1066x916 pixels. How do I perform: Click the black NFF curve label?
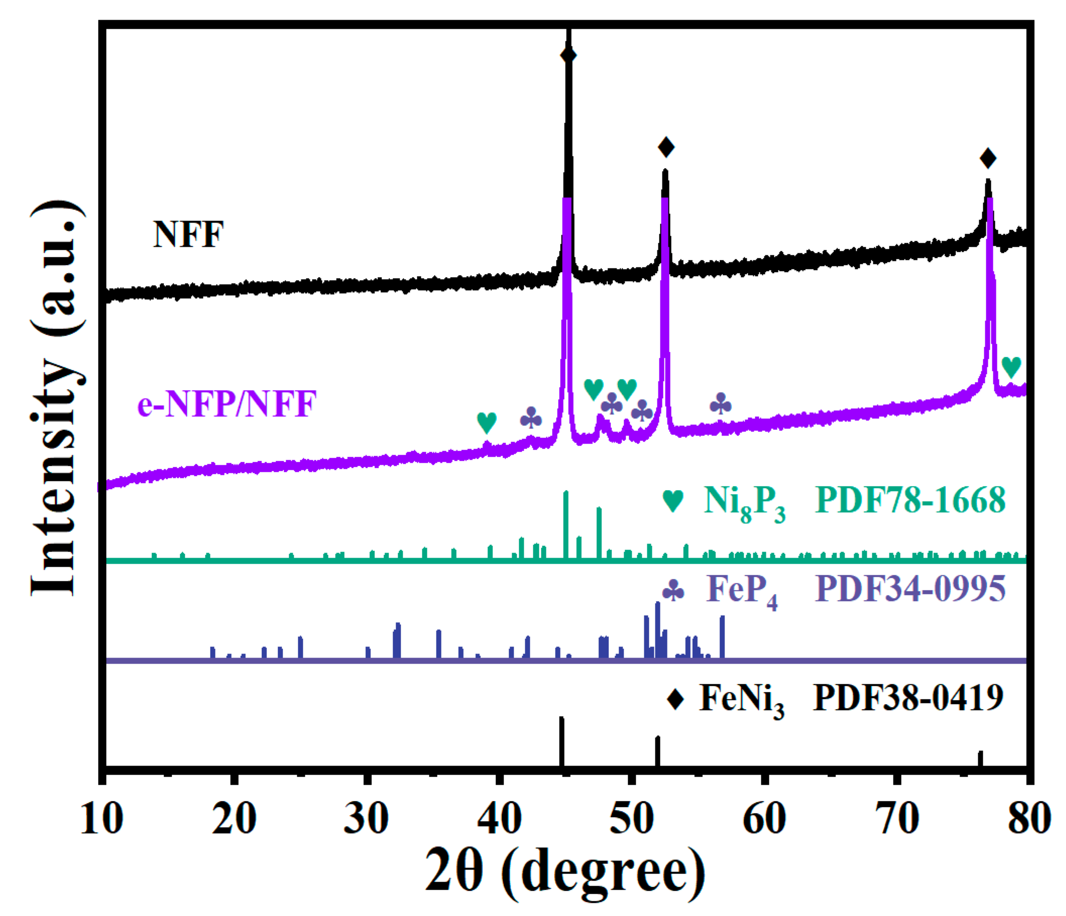(188, 235)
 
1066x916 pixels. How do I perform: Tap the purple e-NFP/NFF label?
(227, 404)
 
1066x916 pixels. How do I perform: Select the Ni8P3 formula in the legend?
(744, 502)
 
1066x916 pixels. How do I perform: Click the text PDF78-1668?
(910, 500)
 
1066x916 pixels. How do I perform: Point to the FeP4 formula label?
(741, 590)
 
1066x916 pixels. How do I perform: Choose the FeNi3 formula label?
(741, 700)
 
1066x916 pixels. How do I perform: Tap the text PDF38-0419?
(908, 698)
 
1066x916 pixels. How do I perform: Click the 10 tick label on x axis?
(102, 819)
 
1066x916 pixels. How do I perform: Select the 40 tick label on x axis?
(498, 819)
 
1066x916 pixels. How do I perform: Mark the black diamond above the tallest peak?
(568, 55)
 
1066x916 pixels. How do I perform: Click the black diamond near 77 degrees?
(988, 158)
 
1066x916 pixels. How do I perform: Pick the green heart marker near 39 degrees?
(487, 422)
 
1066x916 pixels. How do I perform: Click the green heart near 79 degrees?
(1011, 367)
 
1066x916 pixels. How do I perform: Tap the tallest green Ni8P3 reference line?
(566, 525)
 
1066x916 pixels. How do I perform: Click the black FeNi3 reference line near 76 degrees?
(980, 759)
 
